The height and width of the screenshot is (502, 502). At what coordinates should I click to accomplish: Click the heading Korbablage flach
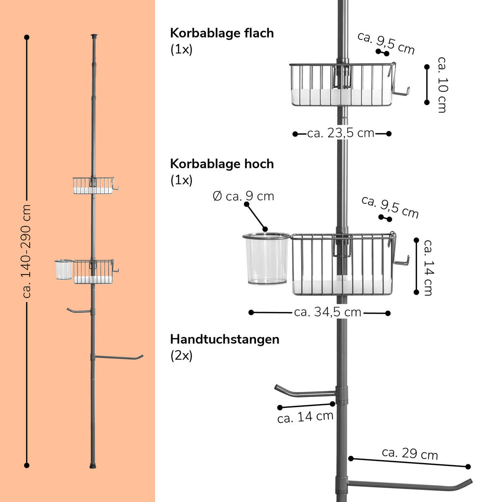click(x=222, y=33)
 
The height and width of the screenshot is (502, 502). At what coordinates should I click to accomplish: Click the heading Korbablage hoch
click(x=222, y=164)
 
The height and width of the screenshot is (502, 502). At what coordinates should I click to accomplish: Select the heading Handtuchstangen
click(x=225, y=339)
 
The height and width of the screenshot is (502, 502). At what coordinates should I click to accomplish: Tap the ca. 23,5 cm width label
click(x=341, y=133)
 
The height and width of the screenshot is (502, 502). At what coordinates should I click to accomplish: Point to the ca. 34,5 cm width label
click(x=328, y=312)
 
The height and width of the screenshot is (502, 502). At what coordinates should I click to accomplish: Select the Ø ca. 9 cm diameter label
click(x=243, y=196)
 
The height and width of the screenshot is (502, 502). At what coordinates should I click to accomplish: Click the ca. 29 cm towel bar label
click(x=410, y=453)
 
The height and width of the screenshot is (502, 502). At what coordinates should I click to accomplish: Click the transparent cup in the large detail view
click(x=266, y=259)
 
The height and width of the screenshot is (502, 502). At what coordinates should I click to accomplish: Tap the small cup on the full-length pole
click(x=64, y=270)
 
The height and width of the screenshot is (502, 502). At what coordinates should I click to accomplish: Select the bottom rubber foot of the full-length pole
click(x=93, y=464)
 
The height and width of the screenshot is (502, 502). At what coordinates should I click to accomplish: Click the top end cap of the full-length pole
click(x=94, y=36)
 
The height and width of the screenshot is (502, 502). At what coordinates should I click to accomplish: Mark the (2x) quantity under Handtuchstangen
click(x=181, y=356)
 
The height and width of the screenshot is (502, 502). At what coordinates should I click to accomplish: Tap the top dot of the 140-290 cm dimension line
click(x=27, y=37)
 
